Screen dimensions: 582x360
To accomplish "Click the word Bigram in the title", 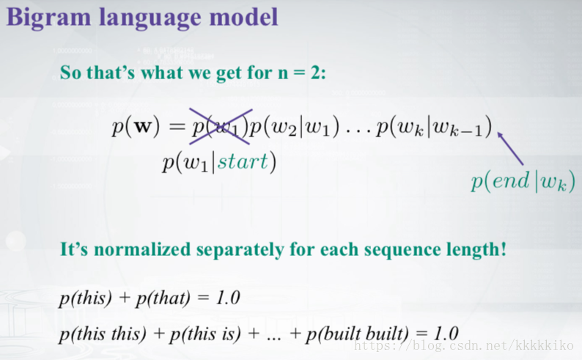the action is [x=48, y=18].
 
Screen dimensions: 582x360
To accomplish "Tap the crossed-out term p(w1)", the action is [x=220, y=127].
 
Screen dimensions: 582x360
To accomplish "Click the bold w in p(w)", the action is [x=142, y=127].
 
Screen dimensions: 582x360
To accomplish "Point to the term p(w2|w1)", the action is [x=295, y=128].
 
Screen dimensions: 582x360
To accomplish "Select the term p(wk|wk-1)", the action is [x=434, y=128].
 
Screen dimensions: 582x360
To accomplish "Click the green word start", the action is [x=243, y=161].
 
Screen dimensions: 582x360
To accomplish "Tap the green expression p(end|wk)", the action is [x=523, y=182].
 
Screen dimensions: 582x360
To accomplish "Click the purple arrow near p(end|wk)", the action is [x=510, y=148].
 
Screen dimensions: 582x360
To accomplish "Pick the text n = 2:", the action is [x=302, y=72].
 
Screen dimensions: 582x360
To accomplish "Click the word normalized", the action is [x=142, y=249].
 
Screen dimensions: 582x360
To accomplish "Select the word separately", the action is [x=240, y=250].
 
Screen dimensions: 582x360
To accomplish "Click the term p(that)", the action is [x=163, y=298].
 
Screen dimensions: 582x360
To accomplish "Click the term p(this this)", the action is [x=103, y=334].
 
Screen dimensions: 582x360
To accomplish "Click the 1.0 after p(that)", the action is [x=228, y=297].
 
